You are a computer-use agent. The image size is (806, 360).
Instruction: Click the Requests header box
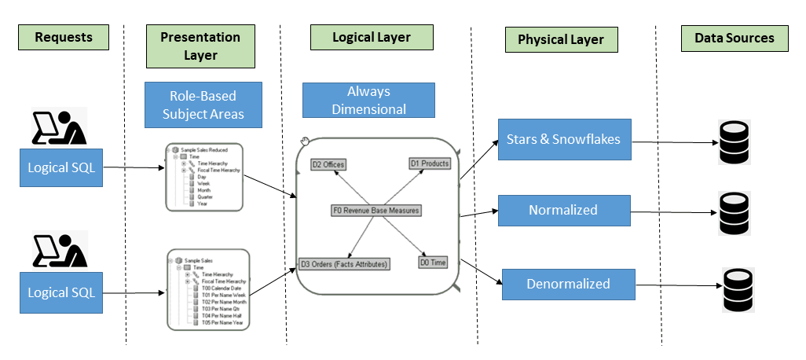pyautogui.click(x=64, y=37)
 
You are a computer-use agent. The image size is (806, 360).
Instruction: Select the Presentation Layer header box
pyautogui.click(x=200, y=46)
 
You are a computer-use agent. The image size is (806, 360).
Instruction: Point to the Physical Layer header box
pyautogui.click(x=561, y=40)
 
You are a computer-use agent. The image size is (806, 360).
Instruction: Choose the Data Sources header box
pyautogui.click(x=734, y=38)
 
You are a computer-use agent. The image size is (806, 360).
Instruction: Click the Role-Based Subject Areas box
pyautogui.click(x=203, y=105)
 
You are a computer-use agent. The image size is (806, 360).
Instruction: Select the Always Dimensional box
pyautogui.click(x=368, y=101)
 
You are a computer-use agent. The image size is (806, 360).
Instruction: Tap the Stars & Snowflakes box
pyautogui.click(x=564, y=140)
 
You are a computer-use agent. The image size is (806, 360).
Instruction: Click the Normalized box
pyautogui.click(x=563, y=210)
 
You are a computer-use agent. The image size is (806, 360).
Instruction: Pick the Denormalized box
pyautogui.click(x=568, y=283)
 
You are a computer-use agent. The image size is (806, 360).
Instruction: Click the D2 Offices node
pyautogui.click(x=328, y=164)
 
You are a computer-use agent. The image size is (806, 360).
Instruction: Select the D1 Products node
pyautogui.click(x=429, y=163)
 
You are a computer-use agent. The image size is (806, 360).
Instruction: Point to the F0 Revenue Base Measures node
pyautogui.click(x=376, y=211)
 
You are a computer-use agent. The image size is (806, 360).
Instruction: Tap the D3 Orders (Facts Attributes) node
pyautogui.click(x=344, y=264)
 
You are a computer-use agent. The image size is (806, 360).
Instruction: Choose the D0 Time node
pyautogui.click(x=432, y=263)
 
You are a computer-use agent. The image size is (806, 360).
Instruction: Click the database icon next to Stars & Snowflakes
pyautogui.click(x=735, y=142)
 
